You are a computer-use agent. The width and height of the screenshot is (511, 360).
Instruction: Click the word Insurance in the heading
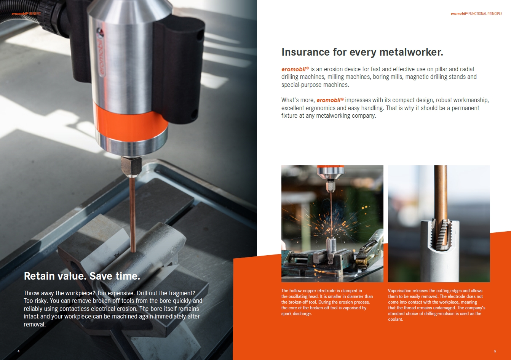[305, 52]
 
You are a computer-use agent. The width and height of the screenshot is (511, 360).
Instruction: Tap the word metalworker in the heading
[411, 52]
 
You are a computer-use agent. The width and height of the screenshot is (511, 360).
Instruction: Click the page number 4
[19, 351]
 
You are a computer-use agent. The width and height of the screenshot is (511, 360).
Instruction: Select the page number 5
[495, 351]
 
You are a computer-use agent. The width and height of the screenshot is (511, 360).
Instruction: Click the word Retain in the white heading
[39, 276]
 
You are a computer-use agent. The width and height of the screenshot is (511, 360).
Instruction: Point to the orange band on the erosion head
[131, 121]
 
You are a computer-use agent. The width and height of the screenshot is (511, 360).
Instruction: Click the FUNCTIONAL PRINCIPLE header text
[485, 14]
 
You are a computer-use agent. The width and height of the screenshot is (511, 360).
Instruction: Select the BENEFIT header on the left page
[35, 14]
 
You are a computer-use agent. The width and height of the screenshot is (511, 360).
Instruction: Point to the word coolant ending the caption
[395, 319]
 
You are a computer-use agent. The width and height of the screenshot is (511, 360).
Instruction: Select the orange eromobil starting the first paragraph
[294, 69]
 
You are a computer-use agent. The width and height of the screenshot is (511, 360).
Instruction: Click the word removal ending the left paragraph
[34, 324]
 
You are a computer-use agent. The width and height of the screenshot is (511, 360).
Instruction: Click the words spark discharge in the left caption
[296, 314]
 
